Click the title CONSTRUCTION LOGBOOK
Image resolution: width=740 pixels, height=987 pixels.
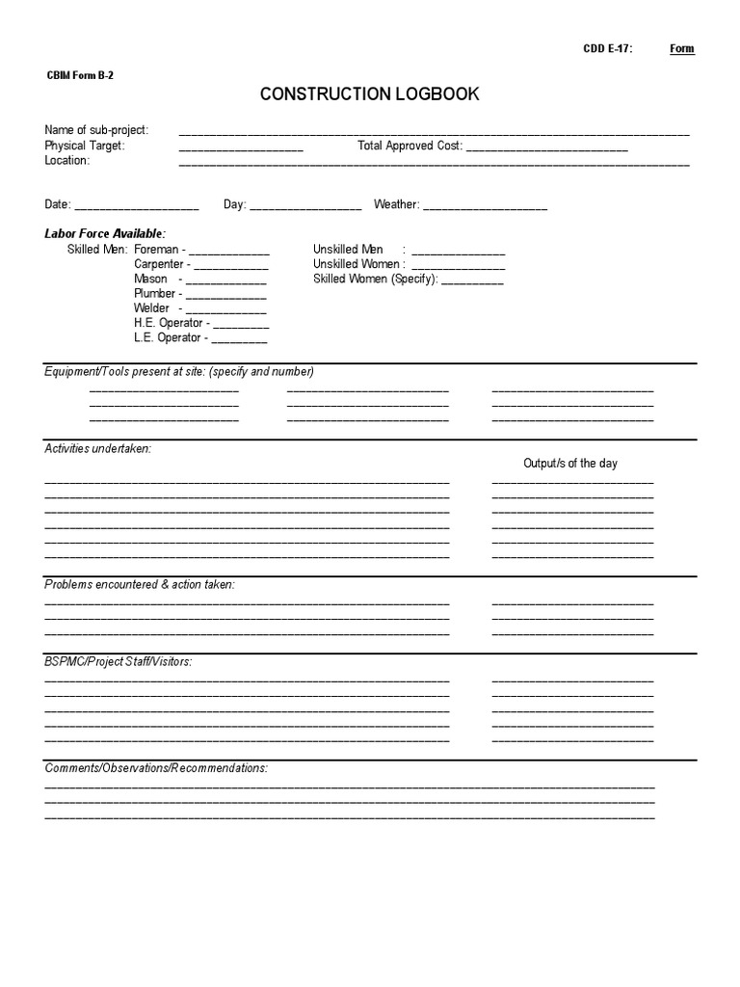[x=369, y=94]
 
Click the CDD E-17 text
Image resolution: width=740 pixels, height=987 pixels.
[x=608, y=49]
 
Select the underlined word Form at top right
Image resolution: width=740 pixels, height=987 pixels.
[x=681, y=49]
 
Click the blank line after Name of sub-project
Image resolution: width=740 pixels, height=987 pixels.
[x=434, y=132]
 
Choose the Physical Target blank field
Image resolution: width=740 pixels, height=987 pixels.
[x=241, y=147]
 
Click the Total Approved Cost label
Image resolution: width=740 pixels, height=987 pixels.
[x=410, y=147]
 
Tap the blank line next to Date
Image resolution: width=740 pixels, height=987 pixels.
[x=136, y=206]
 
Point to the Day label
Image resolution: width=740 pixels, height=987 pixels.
[x=234, y=204]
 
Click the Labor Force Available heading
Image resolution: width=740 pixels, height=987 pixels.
[x=105, y=234]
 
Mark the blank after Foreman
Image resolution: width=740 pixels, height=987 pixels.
[x=229, y=251]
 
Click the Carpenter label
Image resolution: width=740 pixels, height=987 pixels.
[x=159, y=264]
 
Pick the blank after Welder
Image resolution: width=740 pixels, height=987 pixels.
[x=225, y=310]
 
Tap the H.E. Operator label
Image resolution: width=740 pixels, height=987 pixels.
[x=169, y=323]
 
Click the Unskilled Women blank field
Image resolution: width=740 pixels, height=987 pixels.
[x=458, y=266]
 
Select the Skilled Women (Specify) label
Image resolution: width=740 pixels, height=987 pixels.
[x=375, y=280]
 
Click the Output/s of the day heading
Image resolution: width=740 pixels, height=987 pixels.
[x=570, y=464]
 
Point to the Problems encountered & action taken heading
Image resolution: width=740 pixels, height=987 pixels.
[x=140, y=585]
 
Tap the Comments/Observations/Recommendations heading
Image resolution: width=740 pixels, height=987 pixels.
[x=156, y=768]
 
